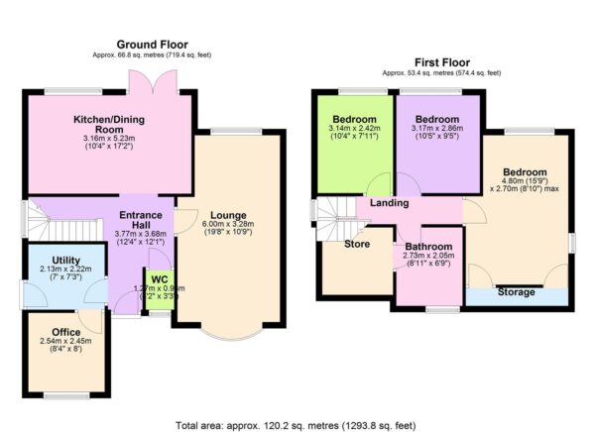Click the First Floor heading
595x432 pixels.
[x=441, y=61]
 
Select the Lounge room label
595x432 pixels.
[x=227, y=215]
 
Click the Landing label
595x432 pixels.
[x=390, y=203]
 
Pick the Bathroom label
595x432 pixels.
[x=427, y=247]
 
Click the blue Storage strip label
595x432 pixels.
[x=516, y=292]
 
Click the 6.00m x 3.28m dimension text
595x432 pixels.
[x=228, y=224]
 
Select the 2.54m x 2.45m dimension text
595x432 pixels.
[x=66, y=341]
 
